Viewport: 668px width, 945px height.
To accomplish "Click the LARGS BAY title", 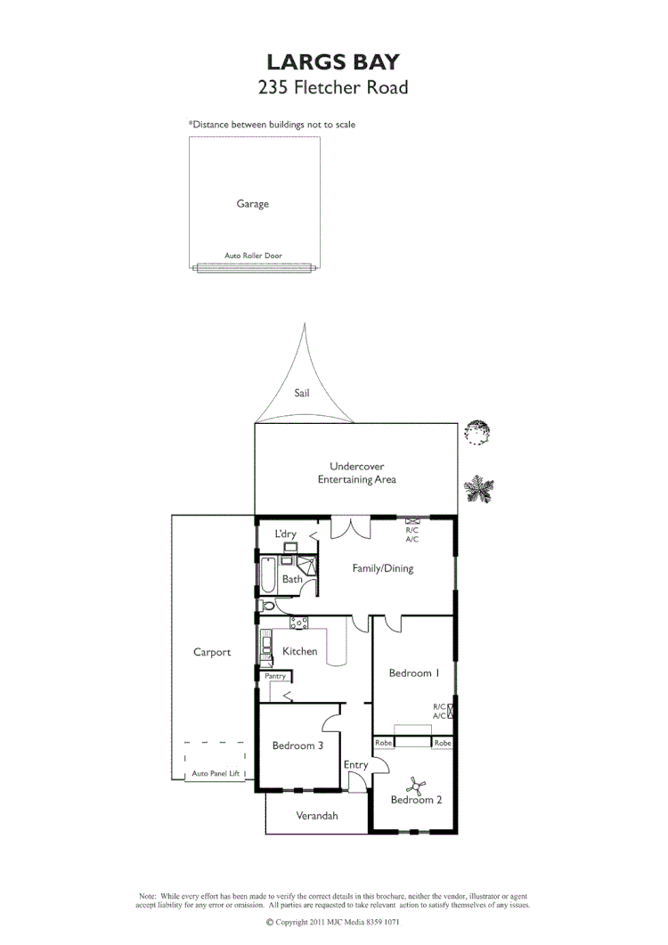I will tap(333, 61).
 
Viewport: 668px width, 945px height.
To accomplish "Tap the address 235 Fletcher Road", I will tap(333, 87).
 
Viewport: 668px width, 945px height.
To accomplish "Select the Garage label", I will tap(252, 204).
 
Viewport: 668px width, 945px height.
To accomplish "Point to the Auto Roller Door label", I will tap(253, 256).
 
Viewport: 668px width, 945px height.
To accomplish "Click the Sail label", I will tap(302, 392).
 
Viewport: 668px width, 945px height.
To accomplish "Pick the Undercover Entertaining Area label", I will tap(356, 473).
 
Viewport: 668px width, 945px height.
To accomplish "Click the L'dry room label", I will tap(285, 534).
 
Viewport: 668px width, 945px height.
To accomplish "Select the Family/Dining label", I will tap(382, 568).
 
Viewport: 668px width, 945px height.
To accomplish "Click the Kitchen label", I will tap(299, 651).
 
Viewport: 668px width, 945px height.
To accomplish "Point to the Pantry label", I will tap(275, 676).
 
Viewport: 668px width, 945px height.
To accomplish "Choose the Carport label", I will tap(212, 652).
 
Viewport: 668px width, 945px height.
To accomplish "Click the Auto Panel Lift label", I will tap(216, 774).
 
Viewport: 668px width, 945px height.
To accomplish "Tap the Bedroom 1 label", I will tap(414, 673).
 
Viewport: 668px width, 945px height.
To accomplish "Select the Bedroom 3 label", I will tap(297, 745).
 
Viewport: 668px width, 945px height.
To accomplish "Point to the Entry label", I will tap(355, 765).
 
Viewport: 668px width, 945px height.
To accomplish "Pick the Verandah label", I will tap(317, 815).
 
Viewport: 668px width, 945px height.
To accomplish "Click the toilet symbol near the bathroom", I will tap(263, 606).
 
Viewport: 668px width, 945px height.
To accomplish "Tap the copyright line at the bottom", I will tap(333, 923).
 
